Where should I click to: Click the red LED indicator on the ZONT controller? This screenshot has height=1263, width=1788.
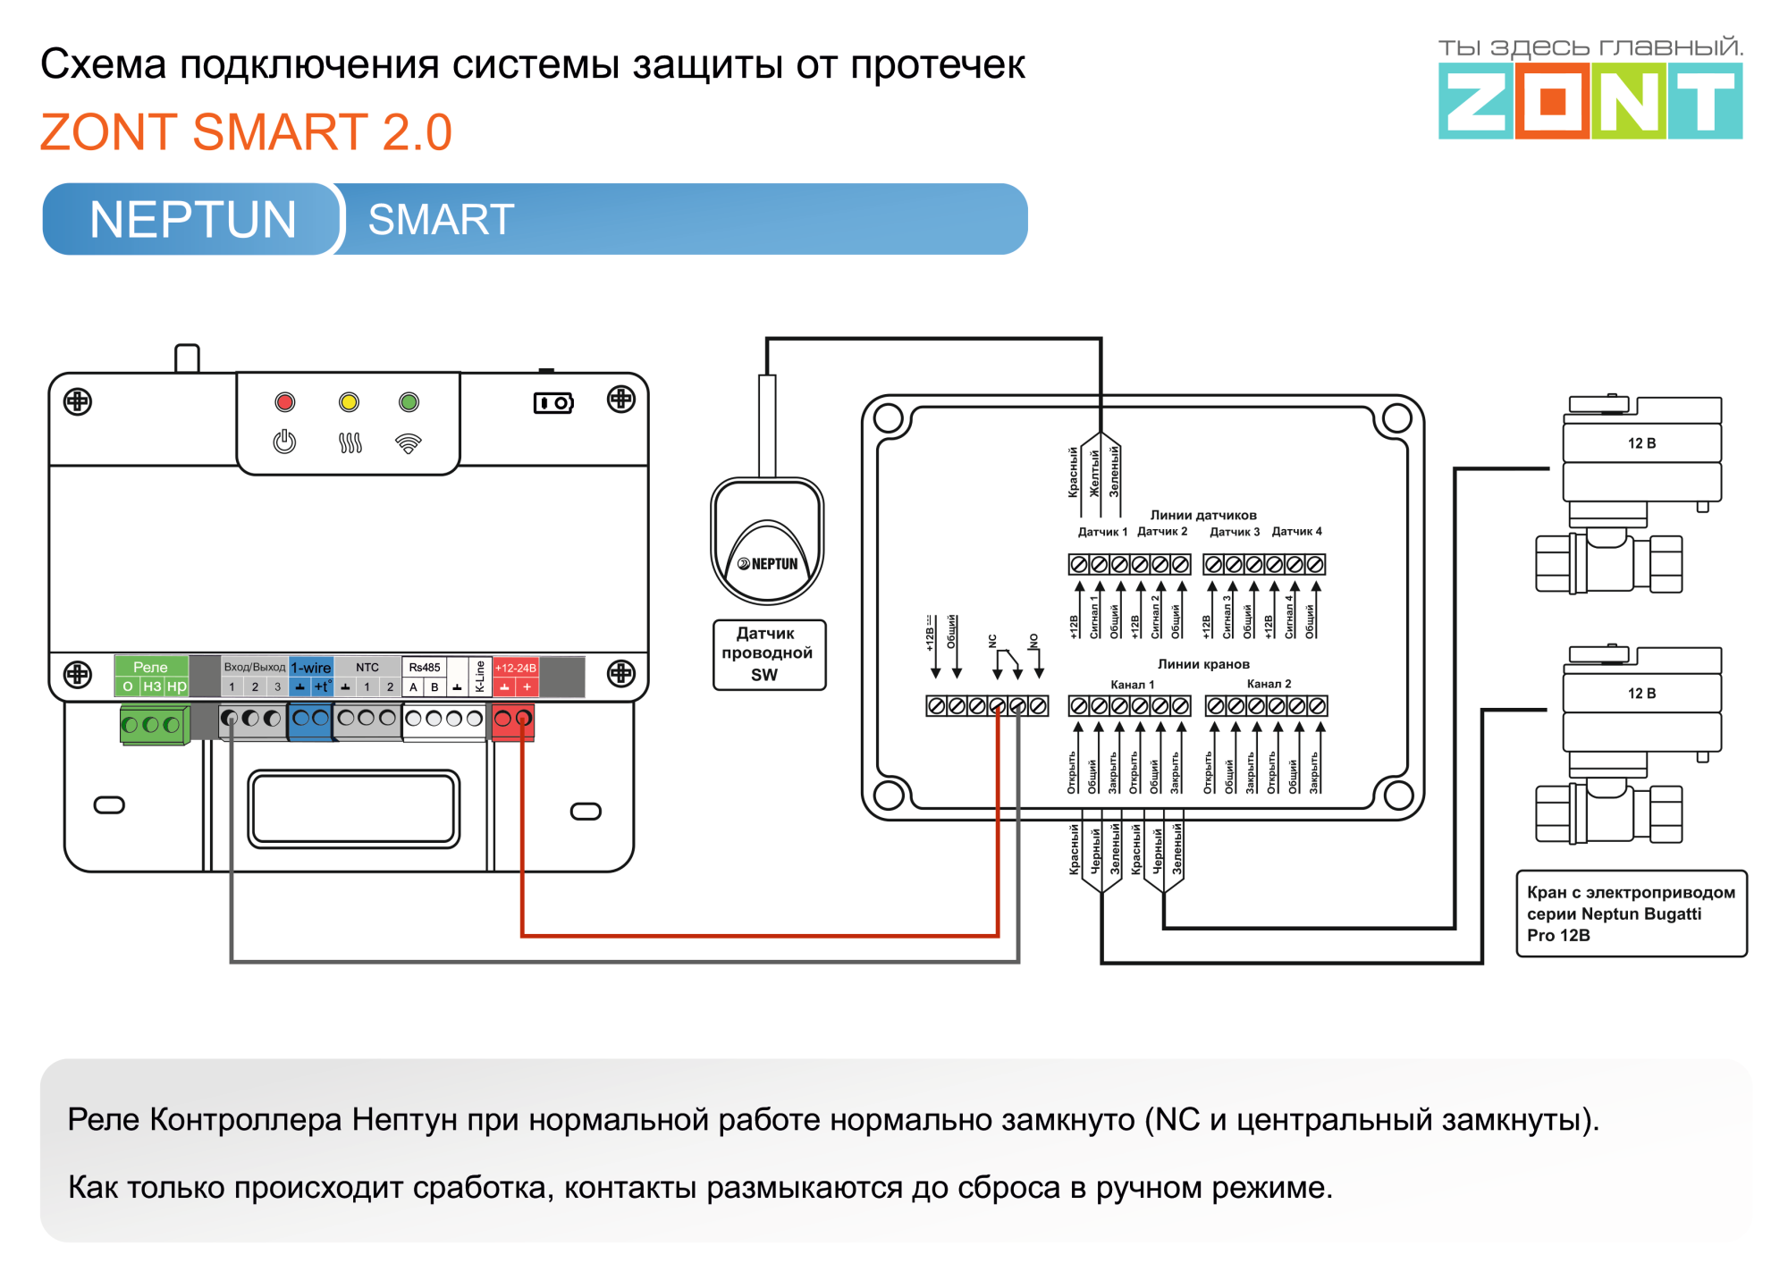pyautogui.click(x=285, y=402)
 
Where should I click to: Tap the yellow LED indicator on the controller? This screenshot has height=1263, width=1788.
pyautogui.click(x=349, y=402)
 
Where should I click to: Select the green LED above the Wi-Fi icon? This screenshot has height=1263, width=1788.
pyautogui.click(x=409, y=402)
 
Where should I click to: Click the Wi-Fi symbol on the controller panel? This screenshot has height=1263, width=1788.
pyautogui.click(x=409, y=442)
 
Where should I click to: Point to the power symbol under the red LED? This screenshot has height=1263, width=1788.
pyautogui.click(x=285, y=442)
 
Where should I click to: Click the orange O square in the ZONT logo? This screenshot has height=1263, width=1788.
pyautogui.click(x=1552, y=101)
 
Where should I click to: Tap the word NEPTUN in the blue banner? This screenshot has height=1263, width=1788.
pyautogui.click(x=193, y=220)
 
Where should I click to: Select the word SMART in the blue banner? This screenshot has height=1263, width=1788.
pyautogui.click(x=441, y=220)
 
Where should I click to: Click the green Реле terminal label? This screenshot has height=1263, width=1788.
pyautogui.click(x=150, y=667)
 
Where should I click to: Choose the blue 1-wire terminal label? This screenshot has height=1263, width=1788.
pyautogui.click(x=311, y=668)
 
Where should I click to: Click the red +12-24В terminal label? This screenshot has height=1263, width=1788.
pyautogui.click(x=516, y=668)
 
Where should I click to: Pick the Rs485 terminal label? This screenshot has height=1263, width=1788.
pyautogui.click(x=425, y=668)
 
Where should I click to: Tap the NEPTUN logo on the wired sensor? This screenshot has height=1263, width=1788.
pyautogui.click(x=768, y=564)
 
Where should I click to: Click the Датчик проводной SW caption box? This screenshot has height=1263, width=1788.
pyautogui.click(x=768, y=654)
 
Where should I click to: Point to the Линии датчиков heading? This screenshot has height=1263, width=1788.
pyautogui.click(x=1203, y=515)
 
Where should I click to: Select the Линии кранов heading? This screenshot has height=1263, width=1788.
pyautogui.click(x=1203, y=664)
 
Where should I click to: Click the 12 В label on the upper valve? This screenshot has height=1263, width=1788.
pyautogui.click(x=1641, y=443)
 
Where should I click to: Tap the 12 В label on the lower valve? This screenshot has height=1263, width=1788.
pyautogui.click(x=1641, y=694)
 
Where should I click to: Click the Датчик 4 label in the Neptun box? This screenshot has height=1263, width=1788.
pyautogui.click(x=1296, y=532)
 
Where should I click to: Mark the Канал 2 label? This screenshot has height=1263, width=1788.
pyautogui.click(x=1269, y=684)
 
